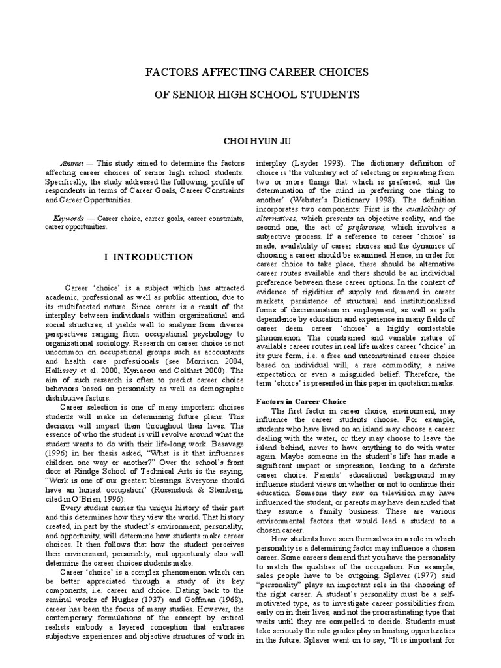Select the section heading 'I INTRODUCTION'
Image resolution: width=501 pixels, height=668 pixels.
(149, 257)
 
